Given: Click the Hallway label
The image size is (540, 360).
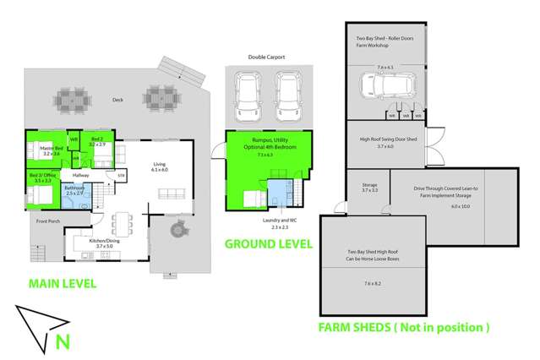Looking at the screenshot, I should [x=81, y=175].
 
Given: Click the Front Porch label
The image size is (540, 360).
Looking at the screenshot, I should [x=48, y=221].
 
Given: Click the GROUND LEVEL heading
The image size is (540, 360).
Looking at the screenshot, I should [x=268, y=243].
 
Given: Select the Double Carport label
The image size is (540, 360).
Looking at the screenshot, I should [x=265, y=57].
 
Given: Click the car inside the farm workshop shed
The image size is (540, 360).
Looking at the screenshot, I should [x=384, y=85].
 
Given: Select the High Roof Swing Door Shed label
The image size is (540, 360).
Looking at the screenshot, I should [x=385, y=141].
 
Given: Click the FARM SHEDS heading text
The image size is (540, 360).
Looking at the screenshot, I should [x=403, y=326].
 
